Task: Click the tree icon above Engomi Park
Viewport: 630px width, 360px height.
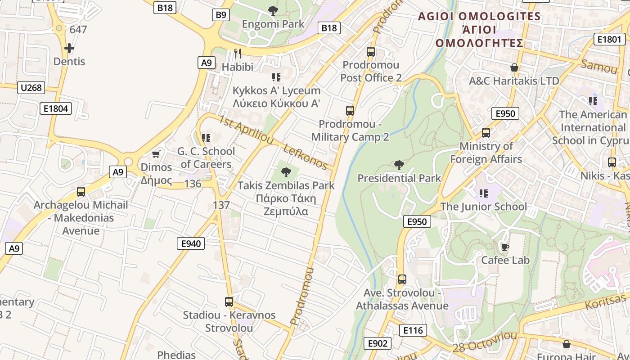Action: [273, 10]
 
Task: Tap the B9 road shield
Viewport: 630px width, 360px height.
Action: [220, 15]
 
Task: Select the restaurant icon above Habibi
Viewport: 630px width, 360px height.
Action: [238, 54]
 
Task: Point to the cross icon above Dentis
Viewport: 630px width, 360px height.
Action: [69, 48]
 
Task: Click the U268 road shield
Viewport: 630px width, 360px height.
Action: [31, 87]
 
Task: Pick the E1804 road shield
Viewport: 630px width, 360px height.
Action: [56, 108]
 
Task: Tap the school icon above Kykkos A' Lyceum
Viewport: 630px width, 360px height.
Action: [276, 77]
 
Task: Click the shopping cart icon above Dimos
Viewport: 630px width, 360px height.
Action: [156, 154]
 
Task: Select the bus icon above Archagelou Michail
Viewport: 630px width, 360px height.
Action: [81, 192]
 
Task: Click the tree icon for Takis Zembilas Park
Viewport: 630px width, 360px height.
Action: [286, 172]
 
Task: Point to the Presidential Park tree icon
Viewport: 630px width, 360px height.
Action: [399, 165]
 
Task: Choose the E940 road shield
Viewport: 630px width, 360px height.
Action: [190, 243]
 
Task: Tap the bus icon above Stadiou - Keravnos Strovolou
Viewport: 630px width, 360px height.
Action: [229, 301]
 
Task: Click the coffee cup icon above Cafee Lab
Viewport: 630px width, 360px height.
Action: [505, 247]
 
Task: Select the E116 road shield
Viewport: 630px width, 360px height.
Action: [413, 330]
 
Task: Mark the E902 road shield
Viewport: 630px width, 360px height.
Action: [377, 343]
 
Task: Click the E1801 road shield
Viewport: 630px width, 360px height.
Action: [609, 39]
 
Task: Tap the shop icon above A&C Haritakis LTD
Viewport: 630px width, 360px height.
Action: [514, 67]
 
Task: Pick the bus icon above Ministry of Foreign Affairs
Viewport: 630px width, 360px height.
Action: [486, 133]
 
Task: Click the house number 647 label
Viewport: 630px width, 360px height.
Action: [78, 30]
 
